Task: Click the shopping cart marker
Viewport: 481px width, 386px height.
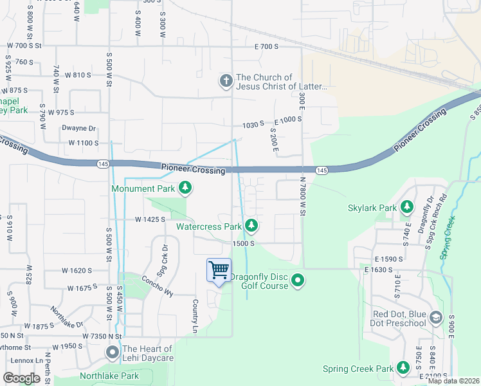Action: (x=219, y=270)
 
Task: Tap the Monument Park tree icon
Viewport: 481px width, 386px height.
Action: (x=185, y=188)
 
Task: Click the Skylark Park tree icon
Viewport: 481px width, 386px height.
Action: (x=406, y=207)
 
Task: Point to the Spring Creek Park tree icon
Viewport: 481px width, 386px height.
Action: (x=403, y=368)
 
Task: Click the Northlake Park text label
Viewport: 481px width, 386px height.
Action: (x=109, y=376)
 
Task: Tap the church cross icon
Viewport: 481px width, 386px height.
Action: (x=226, y=81)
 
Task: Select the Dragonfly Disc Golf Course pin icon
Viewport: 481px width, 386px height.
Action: (x=297, y=280)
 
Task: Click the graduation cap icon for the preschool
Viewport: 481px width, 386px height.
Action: (x=436, y=318)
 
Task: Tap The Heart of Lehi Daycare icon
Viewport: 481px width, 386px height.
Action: (x=113, y=353)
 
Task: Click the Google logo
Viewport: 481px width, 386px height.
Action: (x=21, y=378)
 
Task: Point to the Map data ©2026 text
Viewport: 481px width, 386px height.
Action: (x=453, y=381)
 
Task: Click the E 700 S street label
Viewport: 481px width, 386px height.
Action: (x=266, y=47)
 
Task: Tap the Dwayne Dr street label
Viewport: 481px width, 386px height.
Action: (x=78, y=129)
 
